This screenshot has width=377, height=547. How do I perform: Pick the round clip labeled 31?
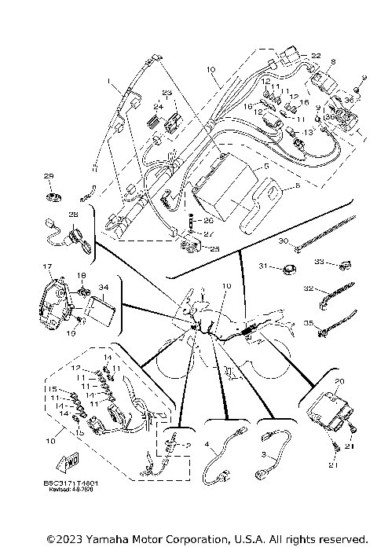288,271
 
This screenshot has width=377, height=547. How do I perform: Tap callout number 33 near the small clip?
319,261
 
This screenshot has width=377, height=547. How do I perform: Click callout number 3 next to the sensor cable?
263,455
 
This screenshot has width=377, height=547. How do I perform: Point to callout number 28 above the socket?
73,215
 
